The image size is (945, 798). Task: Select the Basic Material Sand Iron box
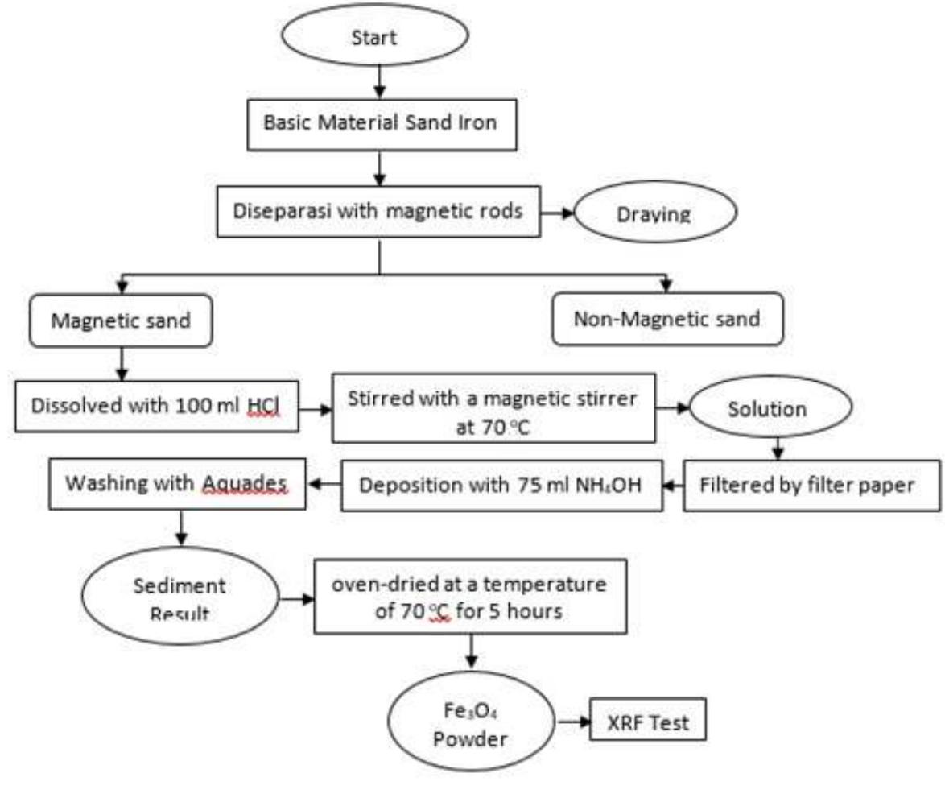tap(381, 126)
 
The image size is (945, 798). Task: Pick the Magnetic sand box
tap(122, 320)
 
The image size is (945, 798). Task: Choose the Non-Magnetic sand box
tap(666, 319)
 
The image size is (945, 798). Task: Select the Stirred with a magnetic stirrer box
tap(493, 408)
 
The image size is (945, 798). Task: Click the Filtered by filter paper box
tap(811, 486)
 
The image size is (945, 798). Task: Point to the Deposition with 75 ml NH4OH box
tap(501, 486)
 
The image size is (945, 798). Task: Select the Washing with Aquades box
tap(178, 484)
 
